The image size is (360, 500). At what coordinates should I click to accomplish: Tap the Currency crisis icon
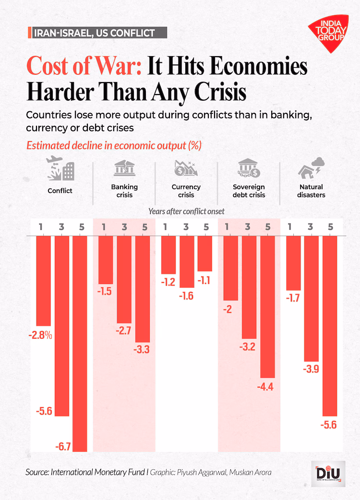point(186,169)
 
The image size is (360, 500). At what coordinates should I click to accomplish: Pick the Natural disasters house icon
point(311,169)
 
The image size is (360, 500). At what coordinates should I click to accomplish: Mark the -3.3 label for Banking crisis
point(143,350)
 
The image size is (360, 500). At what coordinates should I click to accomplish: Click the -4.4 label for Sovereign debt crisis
point(267,387)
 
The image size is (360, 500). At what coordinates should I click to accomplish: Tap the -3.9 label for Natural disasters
point(311,369)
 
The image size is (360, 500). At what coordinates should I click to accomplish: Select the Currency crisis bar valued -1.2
point(168,255)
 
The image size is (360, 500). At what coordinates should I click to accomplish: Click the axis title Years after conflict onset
point(186,211)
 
